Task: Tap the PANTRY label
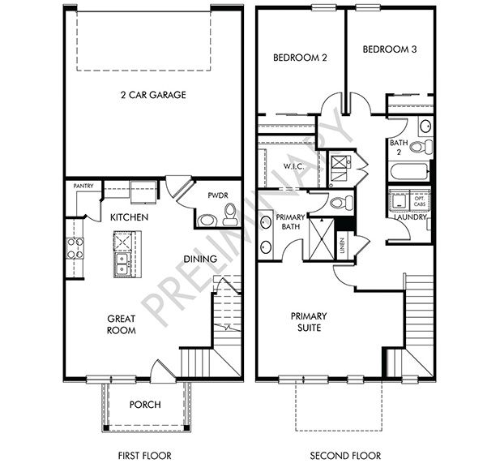pyautogui.click(x=83, y=186)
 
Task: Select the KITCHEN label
pyautogui.click(x=128, y=217)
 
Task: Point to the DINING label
pyautogui.click(x=199, y=259)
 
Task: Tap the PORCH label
pyautogui.click(x=145, y=405)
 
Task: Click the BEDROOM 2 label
pyautogui.click(x=299, y=58)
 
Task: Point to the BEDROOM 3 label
pyautogui.click(x=389, y=49)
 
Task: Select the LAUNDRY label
pyautogui.click(x=410, y=217)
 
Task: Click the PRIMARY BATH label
pyautogui.click(x=289, y=222)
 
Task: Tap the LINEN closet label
pyautogui.click(x=343, y=247)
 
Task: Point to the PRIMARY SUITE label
pyautogui.click(x=310, y=321)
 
